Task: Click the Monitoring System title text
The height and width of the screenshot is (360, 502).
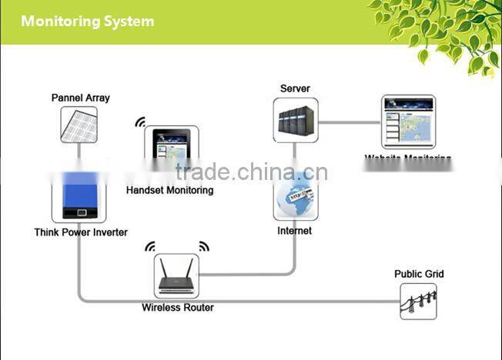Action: pos(87,21)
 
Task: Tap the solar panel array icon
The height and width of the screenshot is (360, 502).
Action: pos(79,125)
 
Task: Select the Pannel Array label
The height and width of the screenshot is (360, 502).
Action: pos(80,98)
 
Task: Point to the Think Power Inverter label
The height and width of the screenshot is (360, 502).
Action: pos(81,232)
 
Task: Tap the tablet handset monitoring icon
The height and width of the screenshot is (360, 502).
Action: pos(170,149)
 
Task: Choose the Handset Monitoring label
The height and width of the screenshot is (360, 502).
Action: pos(169,190)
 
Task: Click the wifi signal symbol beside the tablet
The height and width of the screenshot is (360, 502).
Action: pos(141,122)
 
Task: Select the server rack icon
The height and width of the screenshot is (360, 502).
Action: pos(295,120)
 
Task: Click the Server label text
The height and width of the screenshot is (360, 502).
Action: pos(295,88)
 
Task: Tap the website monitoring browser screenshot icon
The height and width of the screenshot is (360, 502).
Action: pos(408,122)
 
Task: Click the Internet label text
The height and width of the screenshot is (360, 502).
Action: pos(295,231)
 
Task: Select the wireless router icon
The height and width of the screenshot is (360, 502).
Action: pos(176,276)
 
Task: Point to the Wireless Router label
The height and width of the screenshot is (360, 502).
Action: pos(178,308)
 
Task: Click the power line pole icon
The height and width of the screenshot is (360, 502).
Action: pos(418,301)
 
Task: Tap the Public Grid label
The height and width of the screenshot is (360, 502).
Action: pos(419,274)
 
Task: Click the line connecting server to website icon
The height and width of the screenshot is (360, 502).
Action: pos(350,122)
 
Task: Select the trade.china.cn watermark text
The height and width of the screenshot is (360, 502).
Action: pos(251,172)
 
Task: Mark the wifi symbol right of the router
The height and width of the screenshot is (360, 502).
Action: pos(204,247)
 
